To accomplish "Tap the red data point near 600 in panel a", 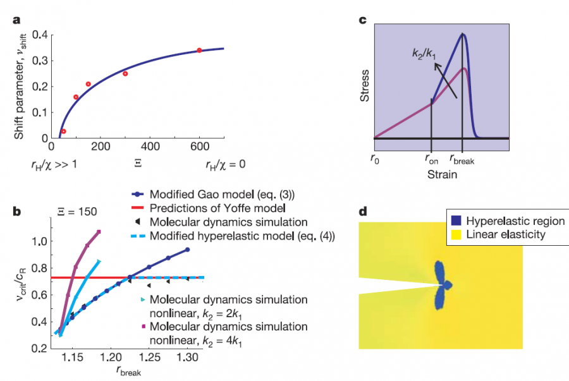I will pyautogui.click(x=199, y=50).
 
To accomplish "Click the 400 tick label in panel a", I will pyautogui.click(x=150, y=147).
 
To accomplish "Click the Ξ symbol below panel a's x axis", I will pyautogui.click(x=138, y=164).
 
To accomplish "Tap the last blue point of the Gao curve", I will pyautogui.click(x=188, y=250).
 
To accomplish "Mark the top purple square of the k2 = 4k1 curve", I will pyautogui.click(x=99, y=232).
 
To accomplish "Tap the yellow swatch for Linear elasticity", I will pyautogui.click(x=455, y=234).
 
